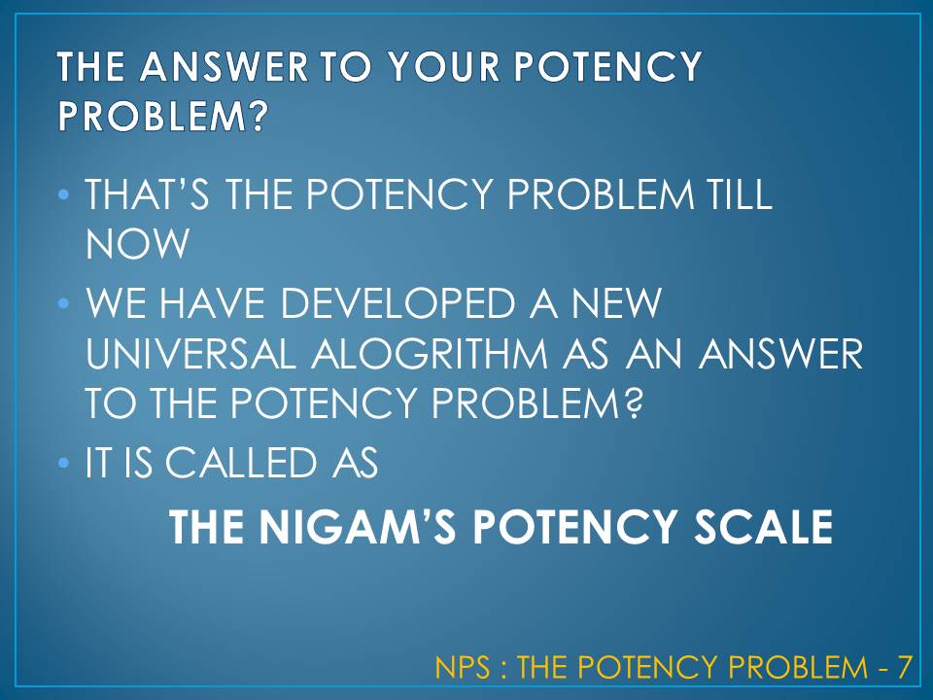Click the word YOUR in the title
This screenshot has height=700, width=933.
(445, 68)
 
